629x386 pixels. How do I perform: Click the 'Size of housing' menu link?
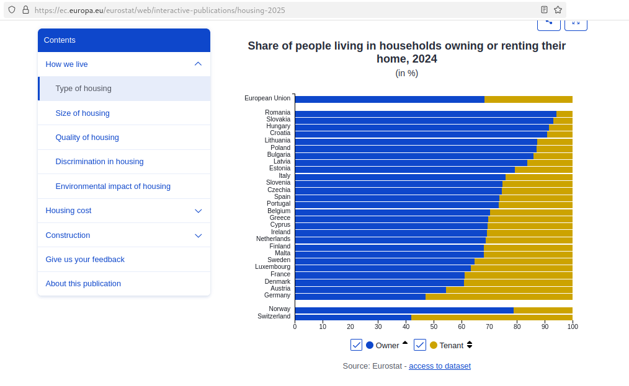click(83, 113)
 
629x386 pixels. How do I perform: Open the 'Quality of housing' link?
click(87, 137)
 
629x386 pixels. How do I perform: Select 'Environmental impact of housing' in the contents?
click(113, 186)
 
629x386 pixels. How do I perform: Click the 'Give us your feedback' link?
click(85, 259)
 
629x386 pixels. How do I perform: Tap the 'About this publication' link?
click(83, 283)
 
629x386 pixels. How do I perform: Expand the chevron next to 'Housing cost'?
click(199, 211)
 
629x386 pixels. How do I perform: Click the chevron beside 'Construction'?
click(199, 235)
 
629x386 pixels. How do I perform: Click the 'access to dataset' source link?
click(439, 366)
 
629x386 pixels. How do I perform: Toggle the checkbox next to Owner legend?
click(356, 345)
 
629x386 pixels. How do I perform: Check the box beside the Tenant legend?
click(419, 345)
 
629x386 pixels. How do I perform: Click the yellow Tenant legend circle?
click(434, 345)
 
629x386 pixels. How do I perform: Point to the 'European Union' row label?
click(267, 98)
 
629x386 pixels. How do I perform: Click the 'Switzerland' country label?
click(274, 317)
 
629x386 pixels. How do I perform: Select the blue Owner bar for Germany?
click(360, 296)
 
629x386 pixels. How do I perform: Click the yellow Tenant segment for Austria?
click(509, 289)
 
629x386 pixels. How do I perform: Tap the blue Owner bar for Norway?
click(403, 310)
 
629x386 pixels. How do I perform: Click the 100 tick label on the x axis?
click(573, 326)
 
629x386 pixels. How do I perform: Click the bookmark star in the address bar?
click(558, 10)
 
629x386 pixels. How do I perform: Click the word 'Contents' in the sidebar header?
click(60, 40)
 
